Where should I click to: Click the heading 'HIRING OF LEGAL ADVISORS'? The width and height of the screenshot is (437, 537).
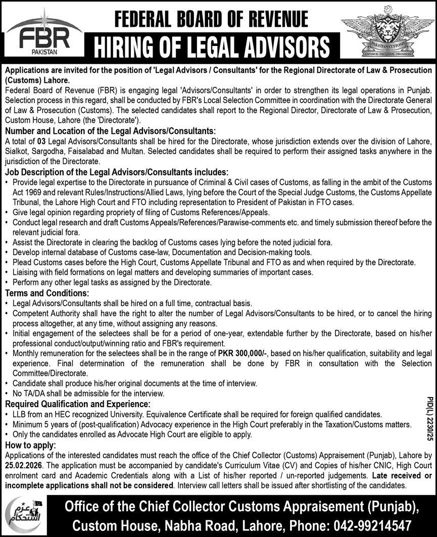coord(212,47)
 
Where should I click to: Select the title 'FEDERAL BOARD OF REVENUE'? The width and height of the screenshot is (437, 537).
coord(211,19)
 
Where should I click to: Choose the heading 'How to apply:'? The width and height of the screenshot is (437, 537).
coord(30,445)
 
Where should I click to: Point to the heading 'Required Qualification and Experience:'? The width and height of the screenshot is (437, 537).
coord(77,404)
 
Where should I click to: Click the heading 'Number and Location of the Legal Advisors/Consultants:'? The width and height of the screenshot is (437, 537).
coord(110,131)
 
